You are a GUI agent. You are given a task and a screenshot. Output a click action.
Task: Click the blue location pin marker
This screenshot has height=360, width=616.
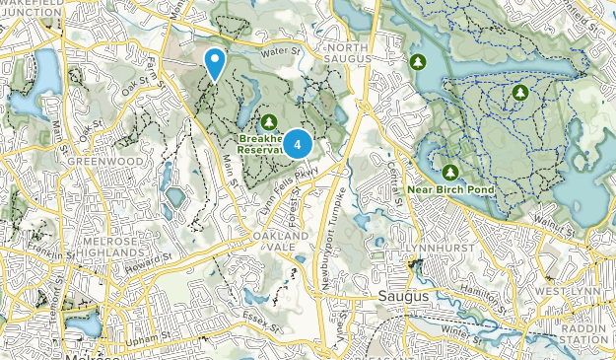pyautogui.click(x=214, y=63)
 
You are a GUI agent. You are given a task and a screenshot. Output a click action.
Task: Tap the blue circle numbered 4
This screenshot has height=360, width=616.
pyautogui.click(x=297, y=145)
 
